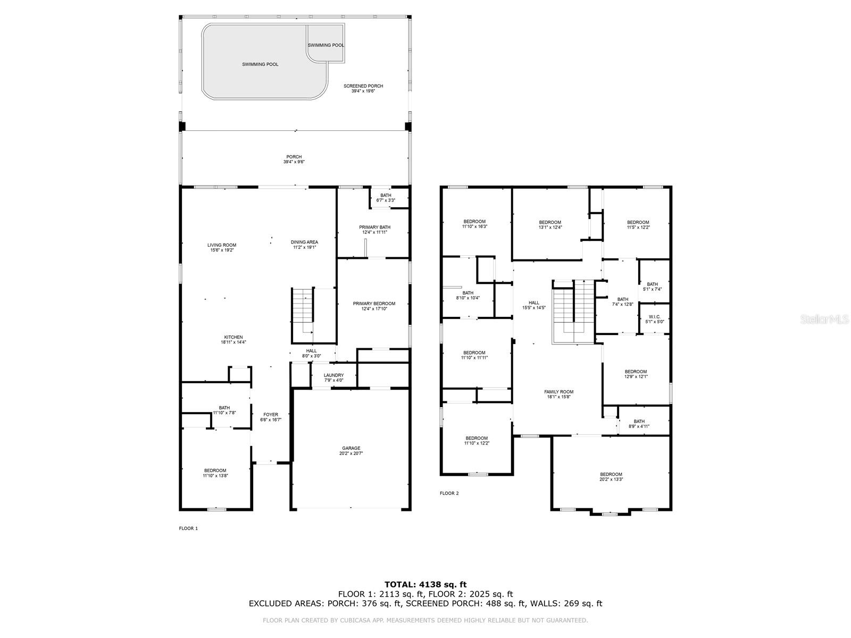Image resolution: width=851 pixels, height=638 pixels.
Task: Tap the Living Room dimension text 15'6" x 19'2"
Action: click(222, 250)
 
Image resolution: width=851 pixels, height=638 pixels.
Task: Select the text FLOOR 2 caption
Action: click(449, 493)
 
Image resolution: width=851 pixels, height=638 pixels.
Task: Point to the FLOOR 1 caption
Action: click(188, 528)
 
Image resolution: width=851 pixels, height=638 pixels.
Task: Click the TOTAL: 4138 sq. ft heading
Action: click(425, 585)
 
